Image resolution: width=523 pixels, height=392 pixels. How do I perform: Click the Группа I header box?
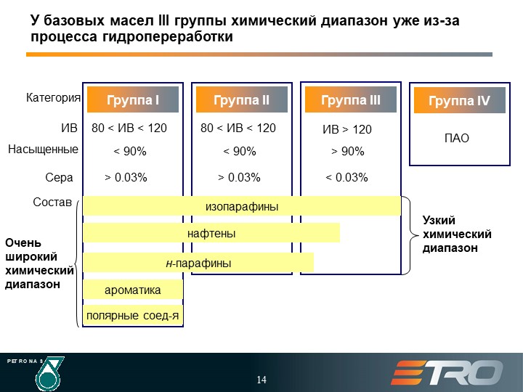(x=133, y=99)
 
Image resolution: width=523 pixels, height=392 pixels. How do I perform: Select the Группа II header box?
(x=241, y=99)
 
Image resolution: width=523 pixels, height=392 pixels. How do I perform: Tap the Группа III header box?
(x=351, y=99)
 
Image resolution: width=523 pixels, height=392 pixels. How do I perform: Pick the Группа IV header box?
(x=460, y=100)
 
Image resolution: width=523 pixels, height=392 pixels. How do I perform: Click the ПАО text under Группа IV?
(x=457, y=138)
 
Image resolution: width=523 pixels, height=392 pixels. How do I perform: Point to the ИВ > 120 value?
(x=347, y=129)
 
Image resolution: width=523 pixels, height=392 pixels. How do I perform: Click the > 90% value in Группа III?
(x=347, y=151)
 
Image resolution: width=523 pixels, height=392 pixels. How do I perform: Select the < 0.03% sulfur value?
(x=346, y=177)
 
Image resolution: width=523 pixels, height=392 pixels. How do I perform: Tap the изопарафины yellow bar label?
(x=242, y=206)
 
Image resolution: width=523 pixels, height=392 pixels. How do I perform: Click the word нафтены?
(x=211, y=233)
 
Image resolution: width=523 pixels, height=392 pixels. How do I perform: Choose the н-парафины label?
(x=198, y=263)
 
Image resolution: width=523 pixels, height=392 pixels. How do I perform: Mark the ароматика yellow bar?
(x=133, y=290)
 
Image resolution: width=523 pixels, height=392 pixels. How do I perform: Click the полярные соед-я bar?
(x=133, y=315)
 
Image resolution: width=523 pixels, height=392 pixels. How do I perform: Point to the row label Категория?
(x=53, y=98)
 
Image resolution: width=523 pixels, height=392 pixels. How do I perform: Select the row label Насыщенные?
(x=43, y=149)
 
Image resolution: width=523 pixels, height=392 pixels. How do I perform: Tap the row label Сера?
(x=59, y=177)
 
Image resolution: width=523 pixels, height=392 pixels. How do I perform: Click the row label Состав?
(x=52, y=202)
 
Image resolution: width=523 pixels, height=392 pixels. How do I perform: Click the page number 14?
(x=261, y=380)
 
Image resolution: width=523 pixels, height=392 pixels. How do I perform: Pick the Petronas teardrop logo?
(x=49, y=374)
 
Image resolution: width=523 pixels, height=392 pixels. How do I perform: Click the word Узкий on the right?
(x=439, y=221)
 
